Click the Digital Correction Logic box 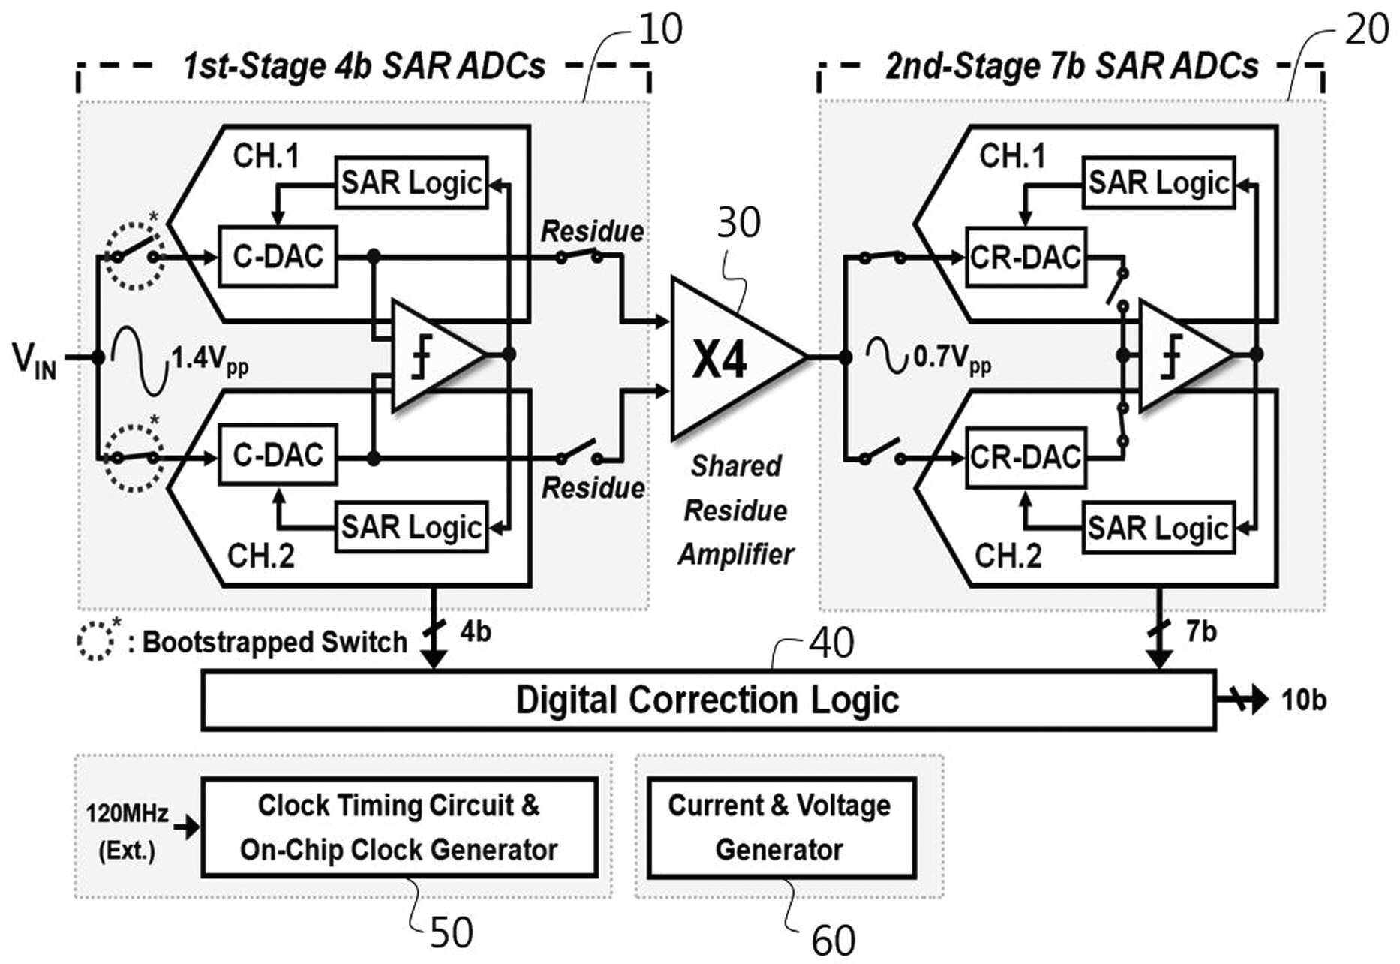(x=708, y=700)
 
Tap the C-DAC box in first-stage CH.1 (x=278, y=256)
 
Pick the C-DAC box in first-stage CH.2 (x=278, y=454)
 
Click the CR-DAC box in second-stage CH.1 (x=1026, y=257)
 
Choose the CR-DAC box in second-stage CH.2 (x=1026, y=457)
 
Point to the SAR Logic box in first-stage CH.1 (x=412, y=182)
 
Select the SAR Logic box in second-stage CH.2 (x=1158, y=527)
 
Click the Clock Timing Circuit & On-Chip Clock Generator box (x=399, y=827)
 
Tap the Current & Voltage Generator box (x=781, y=827)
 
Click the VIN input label (x=35, y=359)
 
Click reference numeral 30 (x=739, y=222)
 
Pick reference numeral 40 (x=831, y=643)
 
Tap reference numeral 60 (x=834, y=940)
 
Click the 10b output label (x=1304, y=700)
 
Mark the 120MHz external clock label (x=127, y=813)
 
